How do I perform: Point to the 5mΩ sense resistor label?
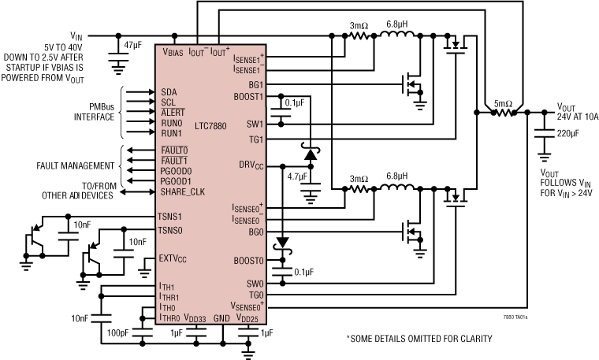(502, 102)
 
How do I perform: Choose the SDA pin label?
(169, 92)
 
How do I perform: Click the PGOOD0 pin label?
(177, 171)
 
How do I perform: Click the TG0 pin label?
(255, 295)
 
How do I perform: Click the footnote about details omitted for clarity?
(419, 339)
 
